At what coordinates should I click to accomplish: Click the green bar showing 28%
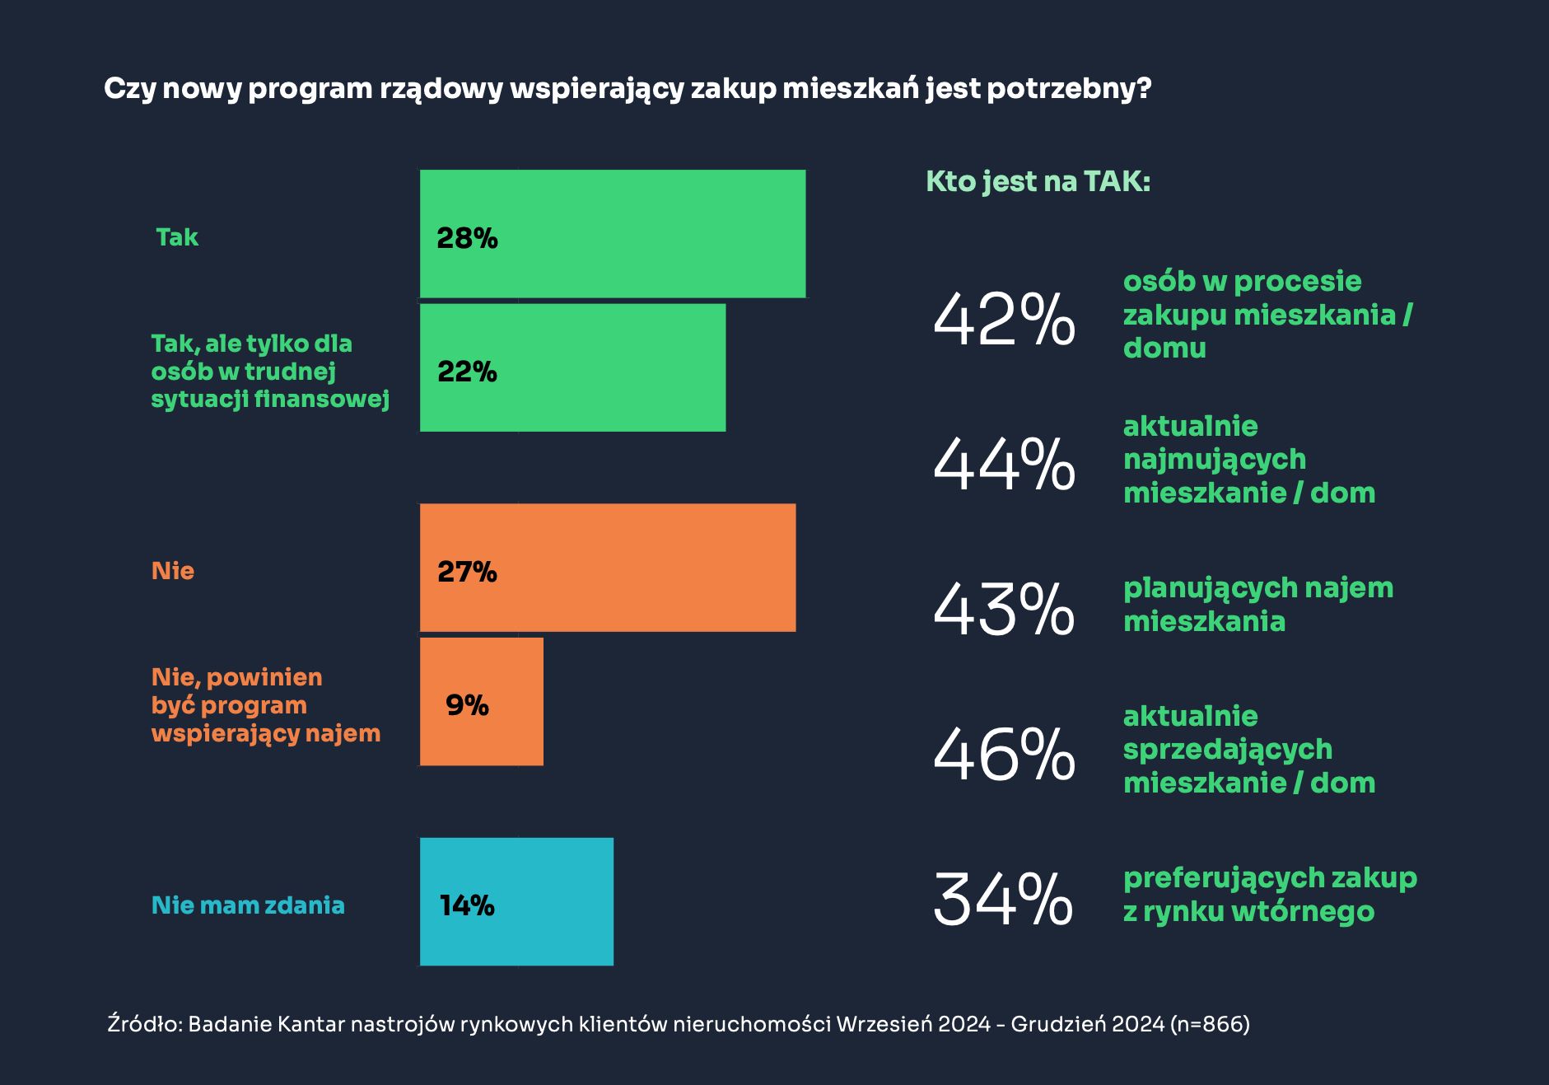(x=613, y=234)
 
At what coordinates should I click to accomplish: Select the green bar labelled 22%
(x=573, y=367)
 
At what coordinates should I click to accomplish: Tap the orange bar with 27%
(x=608, y=568)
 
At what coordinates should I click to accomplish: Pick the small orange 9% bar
(x=482, y=701)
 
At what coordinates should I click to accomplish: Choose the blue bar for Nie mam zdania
(x=516, y=901)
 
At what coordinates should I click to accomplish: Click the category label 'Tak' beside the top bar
(x=177, y=237)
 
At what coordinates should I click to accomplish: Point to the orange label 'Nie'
(x=173, y=571)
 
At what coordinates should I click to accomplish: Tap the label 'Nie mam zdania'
(x=248, y=905)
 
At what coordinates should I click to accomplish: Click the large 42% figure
(x=1004, y=320)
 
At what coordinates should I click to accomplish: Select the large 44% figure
(x=1004, y=465)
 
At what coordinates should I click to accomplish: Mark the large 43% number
(x=1004, y=610)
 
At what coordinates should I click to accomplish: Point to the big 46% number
(x=1004, y=755)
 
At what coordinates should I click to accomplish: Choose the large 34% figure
(x=1004, y=900)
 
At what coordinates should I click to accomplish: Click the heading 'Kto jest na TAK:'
(x=1038, y=181)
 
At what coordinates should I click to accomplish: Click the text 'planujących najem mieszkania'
(x=1257, y=604)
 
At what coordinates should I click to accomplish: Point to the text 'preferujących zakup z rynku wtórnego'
(x=1269, y=894)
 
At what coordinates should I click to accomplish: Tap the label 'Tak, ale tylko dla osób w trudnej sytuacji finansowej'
(x=269, y=372)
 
